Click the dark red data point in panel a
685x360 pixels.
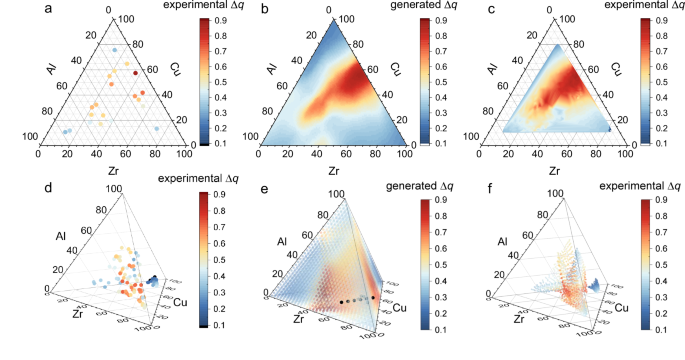click(x=136, y=73)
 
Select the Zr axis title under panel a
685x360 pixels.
click(x=99, y=170)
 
